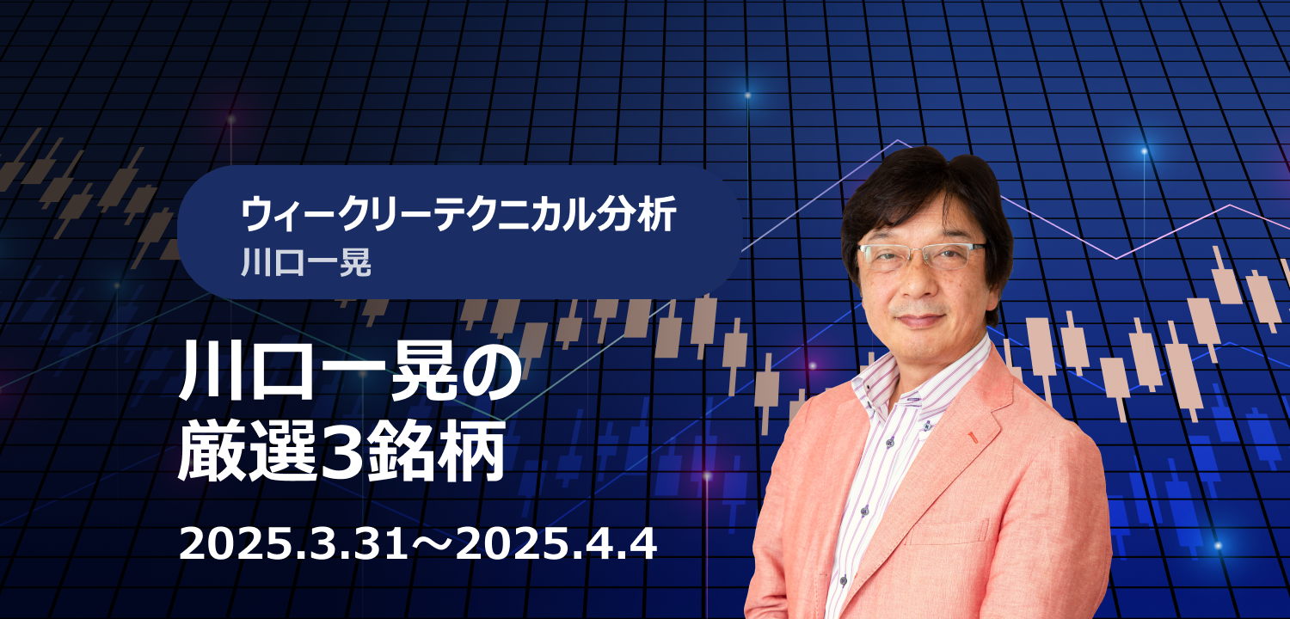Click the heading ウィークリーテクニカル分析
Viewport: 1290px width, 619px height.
pos(458,215)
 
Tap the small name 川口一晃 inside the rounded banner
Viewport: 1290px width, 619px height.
pos(306,262)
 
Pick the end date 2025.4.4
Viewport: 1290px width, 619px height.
pos(556,543)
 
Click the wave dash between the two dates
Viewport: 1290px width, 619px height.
pos(432,545)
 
